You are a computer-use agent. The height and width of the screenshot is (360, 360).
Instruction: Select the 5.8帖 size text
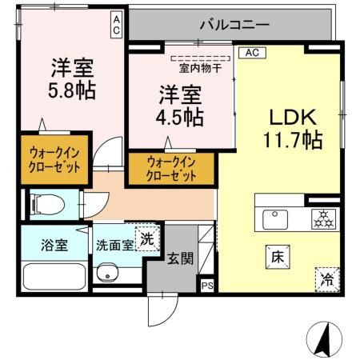point(71,89)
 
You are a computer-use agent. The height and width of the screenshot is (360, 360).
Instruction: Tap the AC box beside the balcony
point(117,23)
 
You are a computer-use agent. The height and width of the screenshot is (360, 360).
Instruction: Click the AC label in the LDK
point(251,54)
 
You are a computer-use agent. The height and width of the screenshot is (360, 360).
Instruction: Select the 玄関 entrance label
point(178,258)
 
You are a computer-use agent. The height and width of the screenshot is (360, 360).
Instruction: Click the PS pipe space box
point(207,285)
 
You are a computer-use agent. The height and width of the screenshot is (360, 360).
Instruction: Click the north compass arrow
point(326,339)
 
